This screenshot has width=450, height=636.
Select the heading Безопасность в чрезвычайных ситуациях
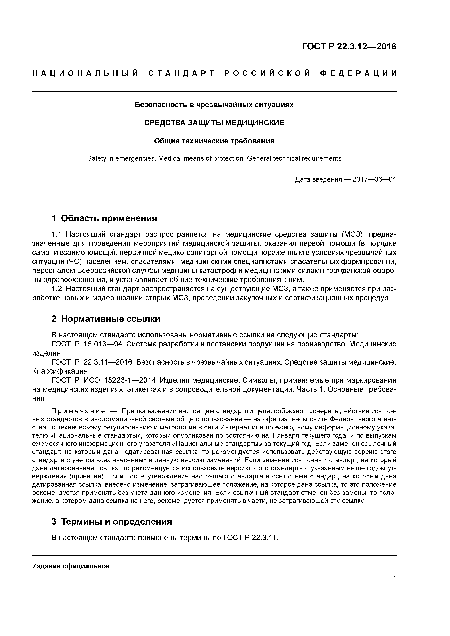click(214, 105)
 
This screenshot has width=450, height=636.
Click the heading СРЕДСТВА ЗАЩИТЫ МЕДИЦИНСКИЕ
click(214, 123)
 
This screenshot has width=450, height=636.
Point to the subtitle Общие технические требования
click(214, 141)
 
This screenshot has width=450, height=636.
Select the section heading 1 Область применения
click(104, 218)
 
